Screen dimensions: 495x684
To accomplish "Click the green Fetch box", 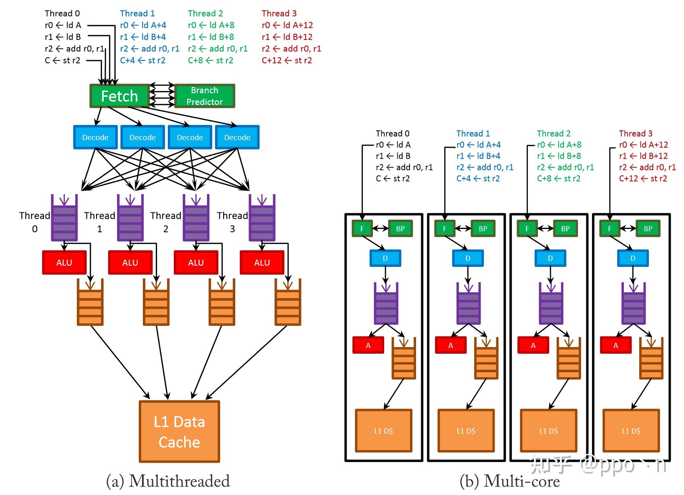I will pyautogui.click(x=119, y=96).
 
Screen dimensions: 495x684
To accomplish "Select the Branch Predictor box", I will pyautogui.click(x=205, y=96).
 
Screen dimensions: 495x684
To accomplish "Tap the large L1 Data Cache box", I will pyautogui.click(x=180, y=432).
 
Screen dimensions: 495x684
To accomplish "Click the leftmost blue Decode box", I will pyautogui.click(x=95, y=137).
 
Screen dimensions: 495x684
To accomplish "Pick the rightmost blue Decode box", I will pyautogui.click(x=237, y=137).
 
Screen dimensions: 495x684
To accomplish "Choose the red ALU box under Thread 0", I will pyautogui.click(x=64, y=262).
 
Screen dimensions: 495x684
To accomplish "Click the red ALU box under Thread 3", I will pyautogui.click(x=262, y=262).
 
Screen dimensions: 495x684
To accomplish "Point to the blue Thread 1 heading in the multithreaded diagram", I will pyautogui.click(x=137, y=13).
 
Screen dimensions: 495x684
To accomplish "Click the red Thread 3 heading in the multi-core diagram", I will pyautogui.click(x=636, y=133).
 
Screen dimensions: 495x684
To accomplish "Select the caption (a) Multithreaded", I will pyautogui.click(x=168, y=481).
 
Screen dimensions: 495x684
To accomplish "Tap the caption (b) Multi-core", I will pyautogui.click(x=510, y=481).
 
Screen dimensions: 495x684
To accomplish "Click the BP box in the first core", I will pyautogui.click(x=400, y=229).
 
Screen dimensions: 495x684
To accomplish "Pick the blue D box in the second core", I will pyautogui.click(x=468, y=258).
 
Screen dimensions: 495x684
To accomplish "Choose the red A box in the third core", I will pyautogui.click(x=533, y=345).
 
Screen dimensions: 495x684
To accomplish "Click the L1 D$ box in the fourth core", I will pyautogui.click(x=631, y=431).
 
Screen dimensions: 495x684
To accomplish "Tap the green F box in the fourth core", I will pyautogui.click(x=610, y=229).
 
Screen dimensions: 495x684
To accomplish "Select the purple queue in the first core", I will pyautogui.click(x=386, y=304).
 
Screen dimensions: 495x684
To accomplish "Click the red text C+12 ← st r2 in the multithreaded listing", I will pyautogui.click(x=287, y=61).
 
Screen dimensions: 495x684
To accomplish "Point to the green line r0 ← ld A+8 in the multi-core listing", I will pyautogui.click(x=559, y=145).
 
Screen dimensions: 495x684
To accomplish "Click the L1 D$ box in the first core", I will pyautogui.click(x=383, y=431).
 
